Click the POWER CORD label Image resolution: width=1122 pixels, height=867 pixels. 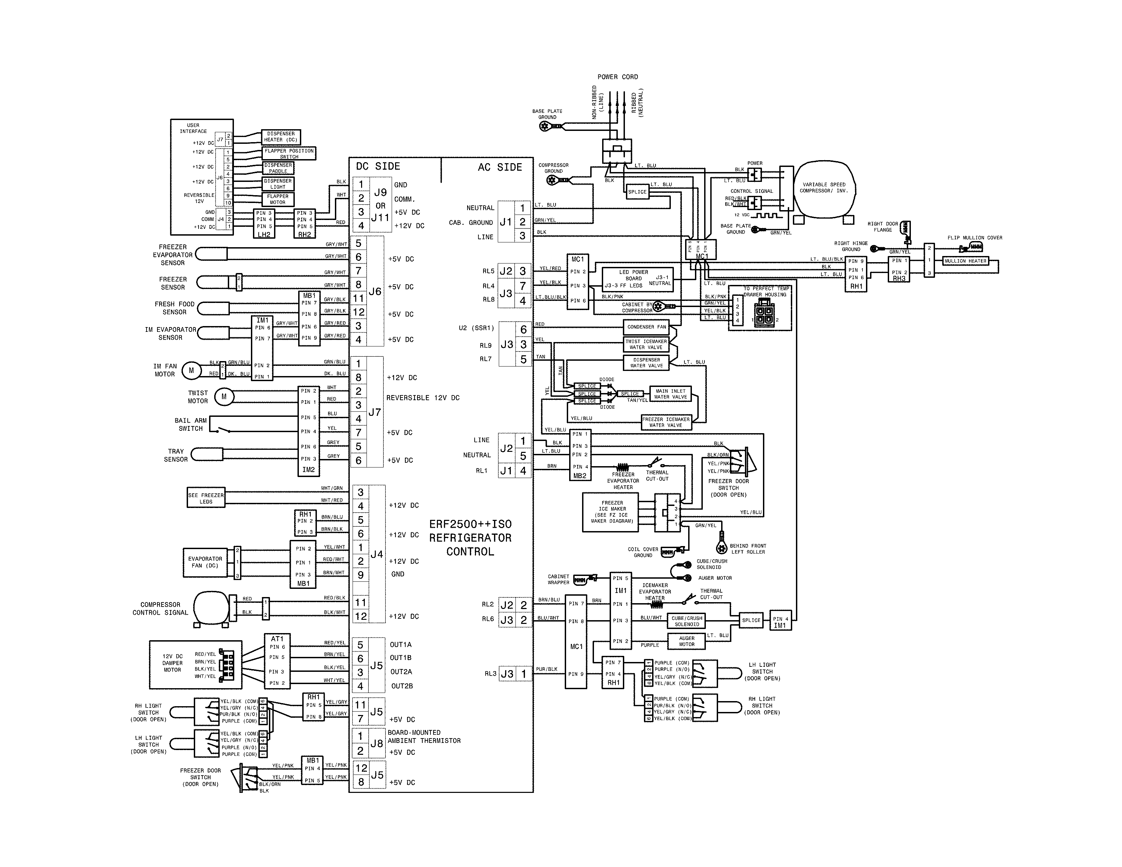617,77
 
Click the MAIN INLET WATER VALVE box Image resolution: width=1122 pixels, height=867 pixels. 670,394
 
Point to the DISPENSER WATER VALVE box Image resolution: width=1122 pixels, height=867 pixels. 646,363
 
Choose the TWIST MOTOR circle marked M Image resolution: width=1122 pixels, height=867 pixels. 224,396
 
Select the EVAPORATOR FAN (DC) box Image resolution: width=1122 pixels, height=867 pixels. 205,562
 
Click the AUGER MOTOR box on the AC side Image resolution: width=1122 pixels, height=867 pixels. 686,641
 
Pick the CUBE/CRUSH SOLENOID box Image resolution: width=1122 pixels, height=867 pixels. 686,621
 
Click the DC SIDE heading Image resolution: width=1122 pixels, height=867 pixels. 378,166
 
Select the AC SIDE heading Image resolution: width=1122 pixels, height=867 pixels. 499,167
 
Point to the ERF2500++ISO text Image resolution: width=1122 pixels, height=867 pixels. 471,524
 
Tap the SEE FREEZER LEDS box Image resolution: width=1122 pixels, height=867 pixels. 205,498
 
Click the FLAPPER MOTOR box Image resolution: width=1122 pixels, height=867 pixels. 277,199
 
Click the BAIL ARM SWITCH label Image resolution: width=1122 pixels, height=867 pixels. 191,424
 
